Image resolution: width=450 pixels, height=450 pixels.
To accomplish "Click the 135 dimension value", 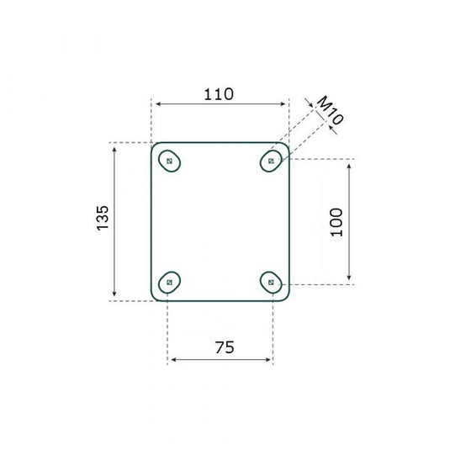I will tap(103, 218).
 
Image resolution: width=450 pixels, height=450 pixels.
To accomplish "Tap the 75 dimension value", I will tap(222, 346).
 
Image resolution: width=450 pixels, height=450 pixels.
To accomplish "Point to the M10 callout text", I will tap(330, 111).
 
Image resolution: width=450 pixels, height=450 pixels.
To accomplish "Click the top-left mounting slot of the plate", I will tap(171, 161).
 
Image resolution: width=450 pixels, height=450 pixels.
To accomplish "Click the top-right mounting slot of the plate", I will tap(271, 159).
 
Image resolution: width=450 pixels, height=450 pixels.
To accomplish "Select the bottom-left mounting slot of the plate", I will tap(171, 282).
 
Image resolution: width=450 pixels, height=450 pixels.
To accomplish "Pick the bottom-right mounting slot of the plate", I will tap(271, 282).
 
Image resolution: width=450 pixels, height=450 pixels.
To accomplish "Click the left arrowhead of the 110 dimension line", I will tap(156, 104).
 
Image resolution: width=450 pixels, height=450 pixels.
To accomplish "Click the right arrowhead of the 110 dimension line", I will tap(285, 104).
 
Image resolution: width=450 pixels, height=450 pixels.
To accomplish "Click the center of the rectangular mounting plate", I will tap(220, 220).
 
